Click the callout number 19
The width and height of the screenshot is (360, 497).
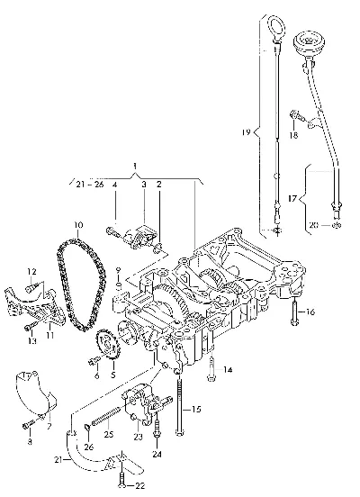click(x=247, y=131)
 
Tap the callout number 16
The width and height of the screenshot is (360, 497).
click(x=310, y=312)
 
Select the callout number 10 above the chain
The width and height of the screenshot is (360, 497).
click(x=78, y=225)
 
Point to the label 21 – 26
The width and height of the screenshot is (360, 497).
click(x=90, y=185)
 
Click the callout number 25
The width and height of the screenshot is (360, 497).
click(x=109, y=434)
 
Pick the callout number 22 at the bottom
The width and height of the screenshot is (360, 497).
click(x=139, y=485)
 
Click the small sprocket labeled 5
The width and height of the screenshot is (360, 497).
click(x=107, y=346)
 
